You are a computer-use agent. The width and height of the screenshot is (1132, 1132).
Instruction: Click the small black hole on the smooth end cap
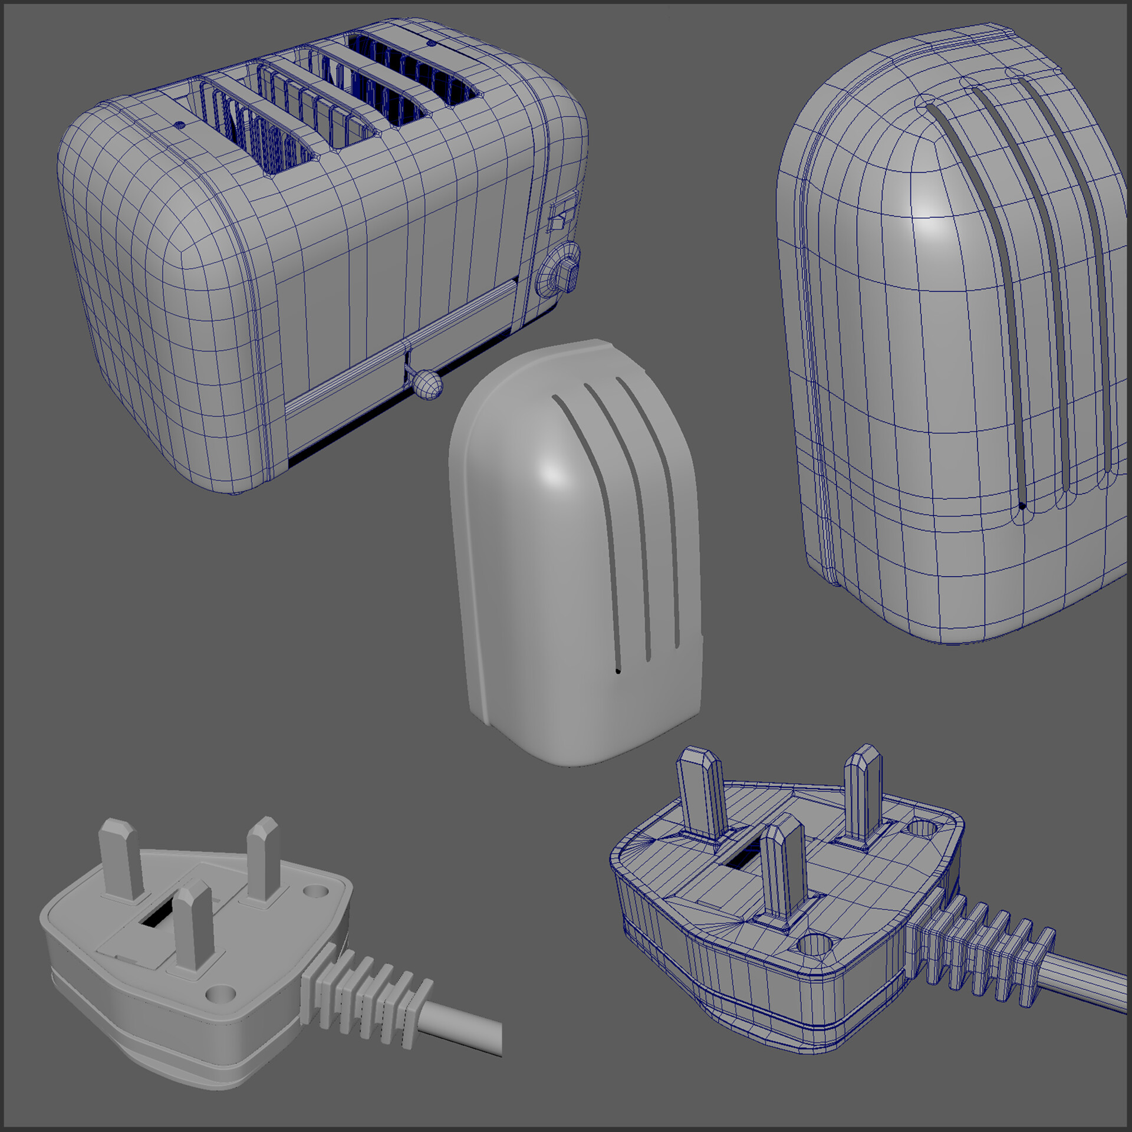617,670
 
